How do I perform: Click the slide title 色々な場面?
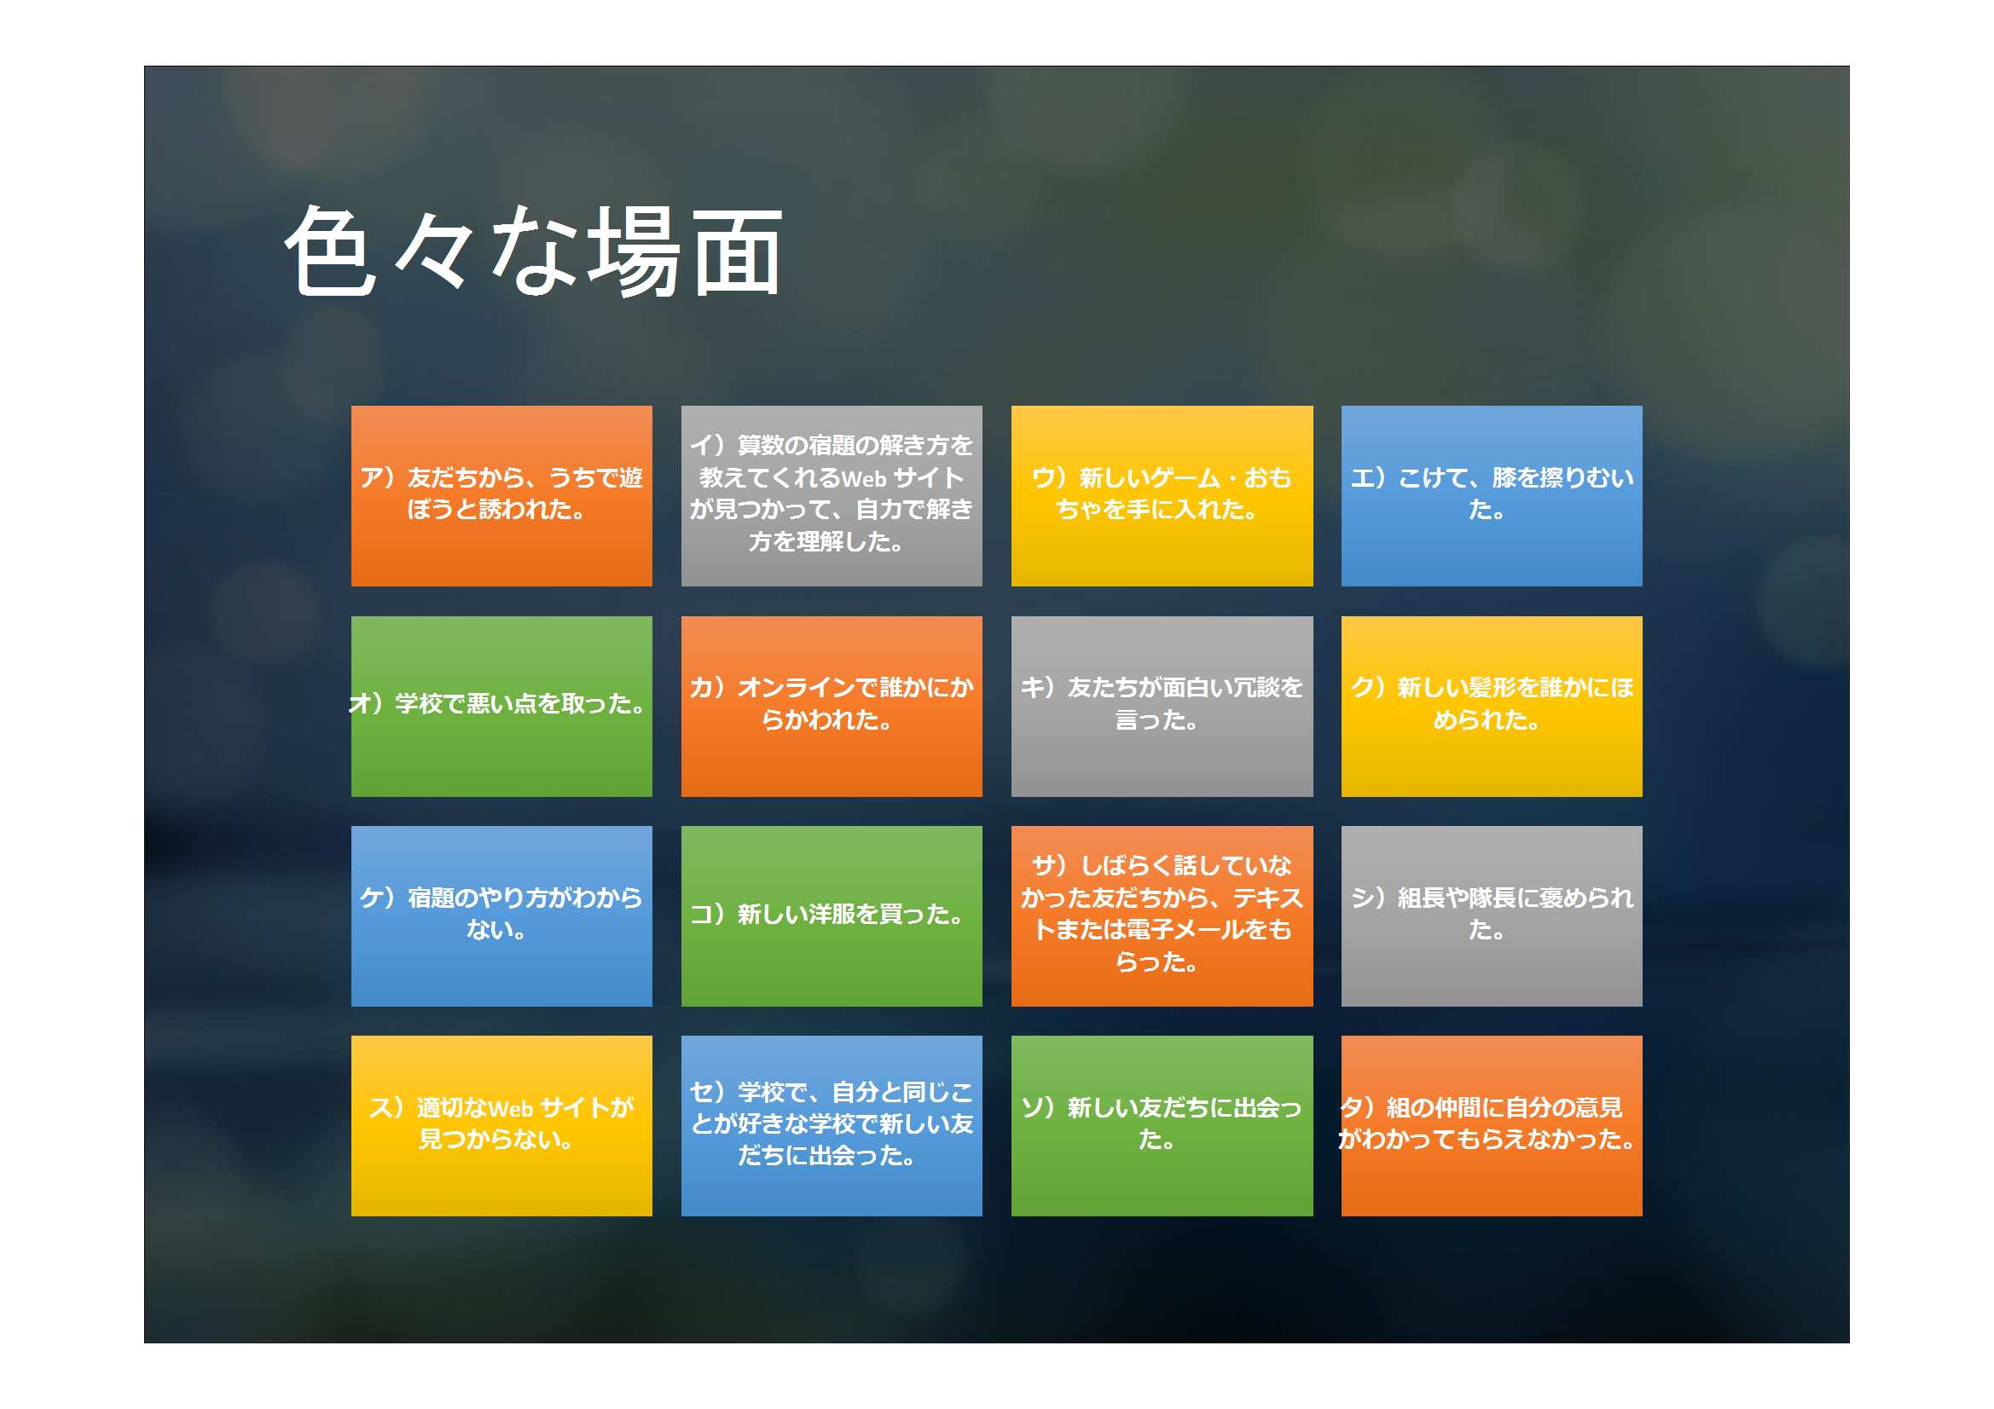(x=533, y=251)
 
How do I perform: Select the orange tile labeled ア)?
(x=501, y=496)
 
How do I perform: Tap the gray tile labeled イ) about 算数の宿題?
(x=832, y=496)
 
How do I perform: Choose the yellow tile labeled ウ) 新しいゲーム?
(x=1162, y=496)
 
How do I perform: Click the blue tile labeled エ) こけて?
(x=1491, y=496)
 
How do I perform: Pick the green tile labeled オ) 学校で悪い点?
(x=501, y=707)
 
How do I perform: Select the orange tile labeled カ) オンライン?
(x=832, y=707)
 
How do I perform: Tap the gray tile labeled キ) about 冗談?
(x=1162, y=707)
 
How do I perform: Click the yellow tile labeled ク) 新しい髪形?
(x=1491, y=707)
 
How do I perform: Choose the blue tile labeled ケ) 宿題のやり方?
(x=501, y=916)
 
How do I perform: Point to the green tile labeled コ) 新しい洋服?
(x=832, y=916)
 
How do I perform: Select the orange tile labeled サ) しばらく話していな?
(x=1162, y=916)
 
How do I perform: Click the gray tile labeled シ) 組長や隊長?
(x=1491, y=916)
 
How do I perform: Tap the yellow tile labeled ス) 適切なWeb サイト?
(x=501, y=1126)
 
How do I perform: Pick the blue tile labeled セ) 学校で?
(x=832, y=1126)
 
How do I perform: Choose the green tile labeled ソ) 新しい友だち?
(x=1162, y=1126)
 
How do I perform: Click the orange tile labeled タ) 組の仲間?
(x=1491, y=1126)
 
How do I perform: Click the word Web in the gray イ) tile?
(x=863, y=478)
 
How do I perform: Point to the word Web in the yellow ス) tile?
(x=511, y=1109)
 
